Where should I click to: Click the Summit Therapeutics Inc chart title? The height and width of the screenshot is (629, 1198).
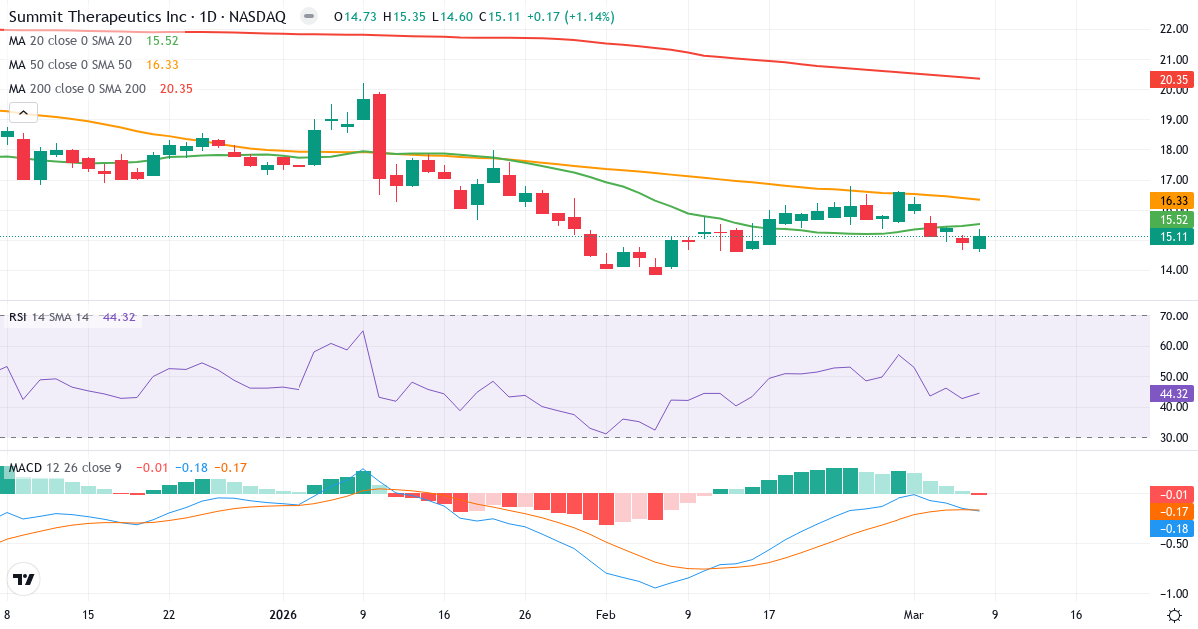[x=147, y=17]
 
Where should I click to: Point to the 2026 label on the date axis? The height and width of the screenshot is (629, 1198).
[x=287, y=615]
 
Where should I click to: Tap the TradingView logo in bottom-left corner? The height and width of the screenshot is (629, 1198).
[x=24, y=579]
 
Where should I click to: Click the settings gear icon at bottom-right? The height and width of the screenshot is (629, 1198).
[x=1175, y=614]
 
